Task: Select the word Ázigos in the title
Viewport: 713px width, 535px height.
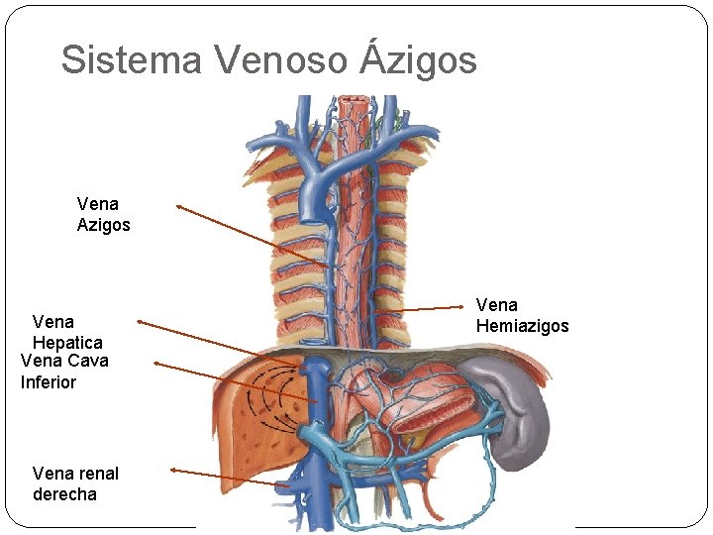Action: click(419, 59)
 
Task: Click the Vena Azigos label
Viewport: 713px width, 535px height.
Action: click(103, 214)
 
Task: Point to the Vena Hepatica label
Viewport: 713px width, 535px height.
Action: click(67, 332)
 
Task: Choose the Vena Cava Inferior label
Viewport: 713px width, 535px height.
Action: click(64, 372)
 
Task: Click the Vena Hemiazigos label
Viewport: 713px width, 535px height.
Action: click(522, 315)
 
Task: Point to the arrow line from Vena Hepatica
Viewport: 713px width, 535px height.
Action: click(203, 338)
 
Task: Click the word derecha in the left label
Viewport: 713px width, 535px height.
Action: click(64, 494)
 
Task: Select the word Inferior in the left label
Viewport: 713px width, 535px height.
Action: click(49, 382)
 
